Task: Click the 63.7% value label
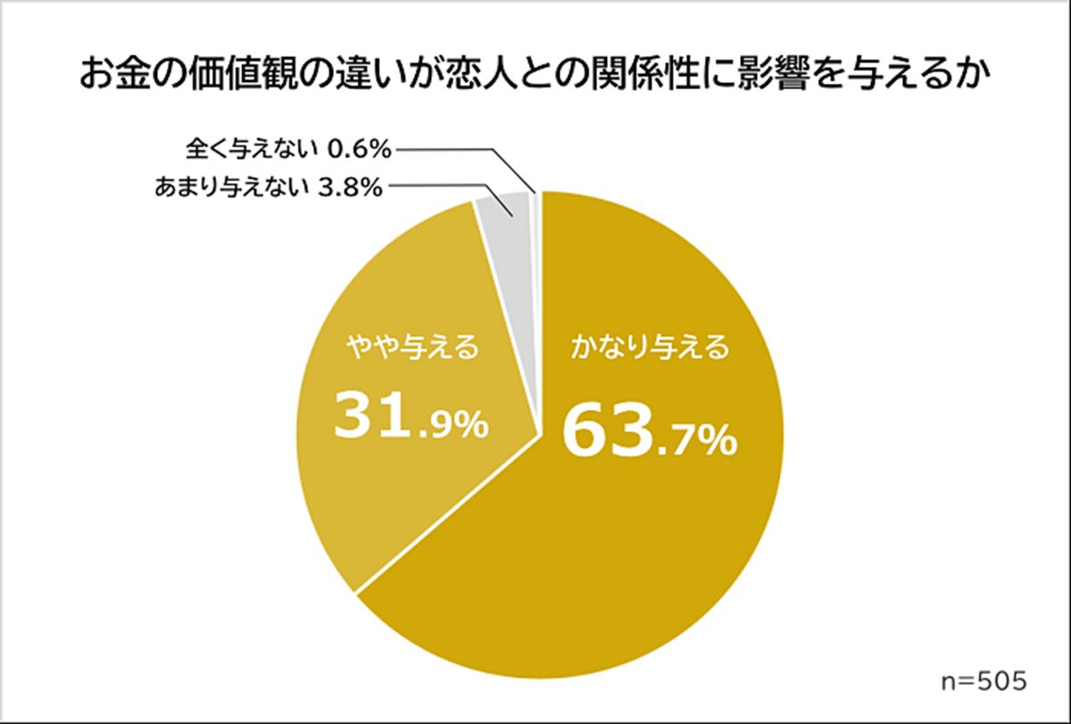(649, 432)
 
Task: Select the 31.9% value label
(410, 418)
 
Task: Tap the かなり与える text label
(651, 346)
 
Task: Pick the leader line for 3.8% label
(437, 188)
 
